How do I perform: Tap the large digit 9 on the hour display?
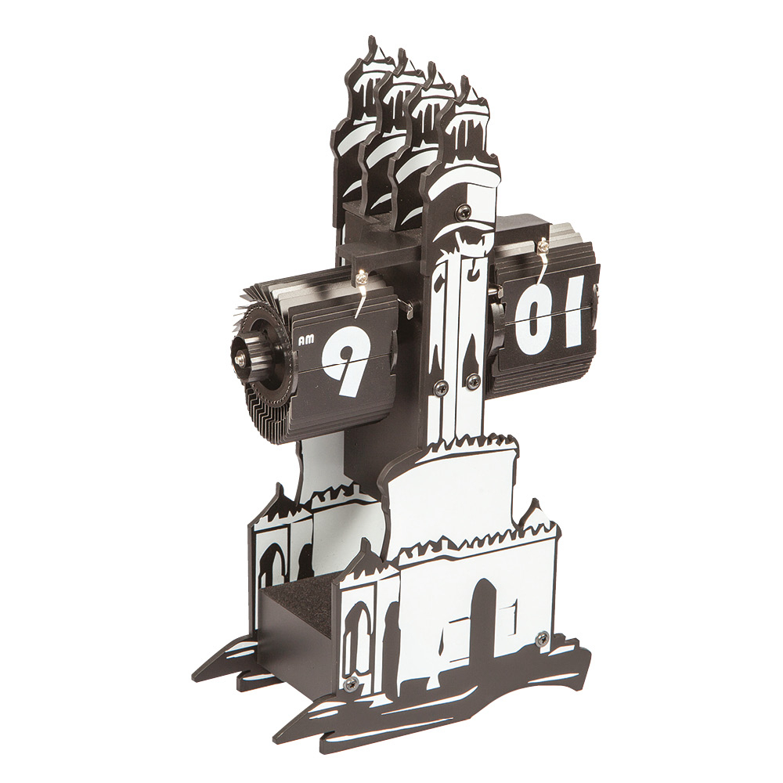click(x=346, y=359)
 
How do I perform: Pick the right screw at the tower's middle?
click(x=471, y=381)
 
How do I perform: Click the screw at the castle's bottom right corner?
click(x=541, y=637)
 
